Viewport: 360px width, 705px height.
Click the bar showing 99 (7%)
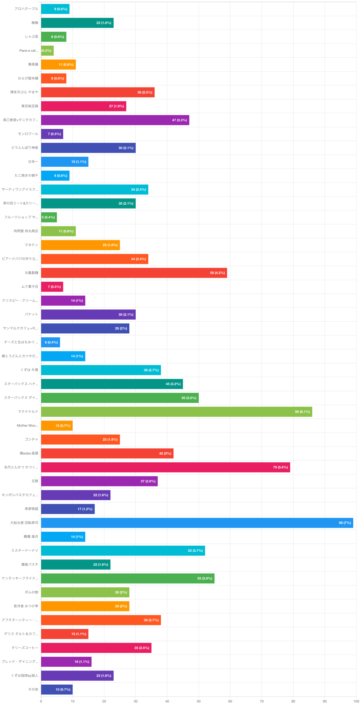[197, 523]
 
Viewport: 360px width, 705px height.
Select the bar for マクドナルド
[176, 412]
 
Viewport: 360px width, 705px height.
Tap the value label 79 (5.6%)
[280, 467]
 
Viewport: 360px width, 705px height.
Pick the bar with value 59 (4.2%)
[134, 273]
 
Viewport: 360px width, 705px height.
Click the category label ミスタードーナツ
[25, 551]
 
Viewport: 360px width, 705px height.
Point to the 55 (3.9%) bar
[128, 578]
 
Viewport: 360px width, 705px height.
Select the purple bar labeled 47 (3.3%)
[115, 120]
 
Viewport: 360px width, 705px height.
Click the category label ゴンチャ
[31, 440]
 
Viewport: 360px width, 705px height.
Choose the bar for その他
[57, 690]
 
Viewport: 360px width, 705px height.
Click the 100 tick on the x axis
[356, 701]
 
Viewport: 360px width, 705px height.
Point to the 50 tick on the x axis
[199, 701]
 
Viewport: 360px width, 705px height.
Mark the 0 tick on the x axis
[41, 701]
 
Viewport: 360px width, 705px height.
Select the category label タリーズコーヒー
[25, 648]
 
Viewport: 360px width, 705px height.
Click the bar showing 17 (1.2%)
[68, 509]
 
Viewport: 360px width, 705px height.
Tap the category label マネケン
[31, 245]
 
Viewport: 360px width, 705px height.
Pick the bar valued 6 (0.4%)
[50, 342]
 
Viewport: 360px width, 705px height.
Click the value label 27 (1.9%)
[116, 106]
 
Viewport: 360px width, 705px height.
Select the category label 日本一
[33, 162]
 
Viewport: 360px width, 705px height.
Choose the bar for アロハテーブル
[55, 9]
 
